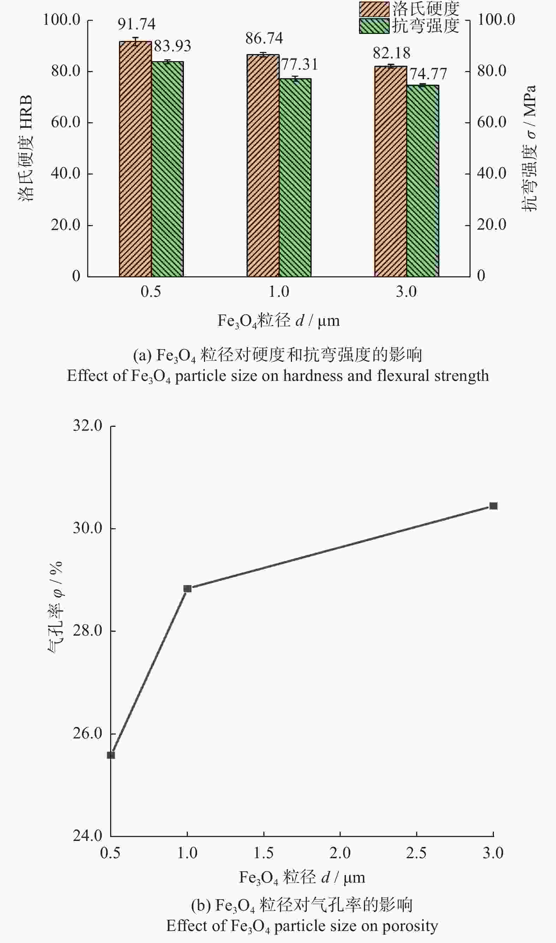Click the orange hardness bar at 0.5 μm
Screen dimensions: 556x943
[x=135, y=159]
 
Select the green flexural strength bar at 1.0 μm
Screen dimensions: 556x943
[x=295, y=178]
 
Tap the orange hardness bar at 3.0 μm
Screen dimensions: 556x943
[x=390, y=171]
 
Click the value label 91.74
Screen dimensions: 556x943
[x=136, y=24]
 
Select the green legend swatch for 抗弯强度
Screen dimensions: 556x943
[x=374, y=26]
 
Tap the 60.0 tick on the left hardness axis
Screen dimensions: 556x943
[x=66, y=122]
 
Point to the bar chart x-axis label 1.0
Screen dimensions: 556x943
[x=279, y=292]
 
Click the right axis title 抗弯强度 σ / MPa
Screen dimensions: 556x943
[x=529, y=148]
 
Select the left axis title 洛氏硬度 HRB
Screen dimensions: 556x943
[x=25, y=148]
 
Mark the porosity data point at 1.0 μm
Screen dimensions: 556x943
[x=187, y=589]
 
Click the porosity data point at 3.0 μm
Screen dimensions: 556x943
[x=494, y=506]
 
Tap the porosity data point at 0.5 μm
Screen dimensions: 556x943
[x=111, y=755]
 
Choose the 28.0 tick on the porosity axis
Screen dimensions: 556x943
[x=88, y=631]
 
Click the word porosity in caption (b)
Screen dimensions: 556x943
[x=410, y=926]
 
